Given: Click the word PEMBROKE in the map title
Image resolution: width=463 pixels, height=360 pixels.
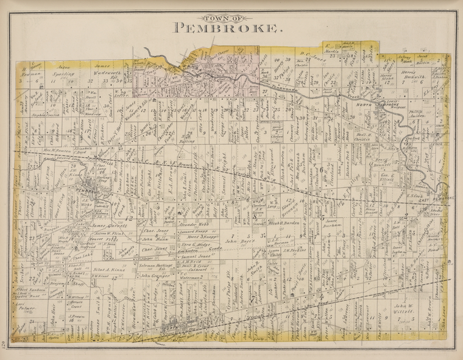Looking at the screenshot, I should point(228,28).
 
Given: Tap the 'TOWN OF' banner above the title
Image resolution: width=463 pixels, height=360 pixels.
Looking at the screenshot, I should point(228,17).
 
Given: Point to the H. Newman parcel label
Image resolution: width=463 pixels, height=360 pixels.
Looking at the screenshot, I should point(27,71).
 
